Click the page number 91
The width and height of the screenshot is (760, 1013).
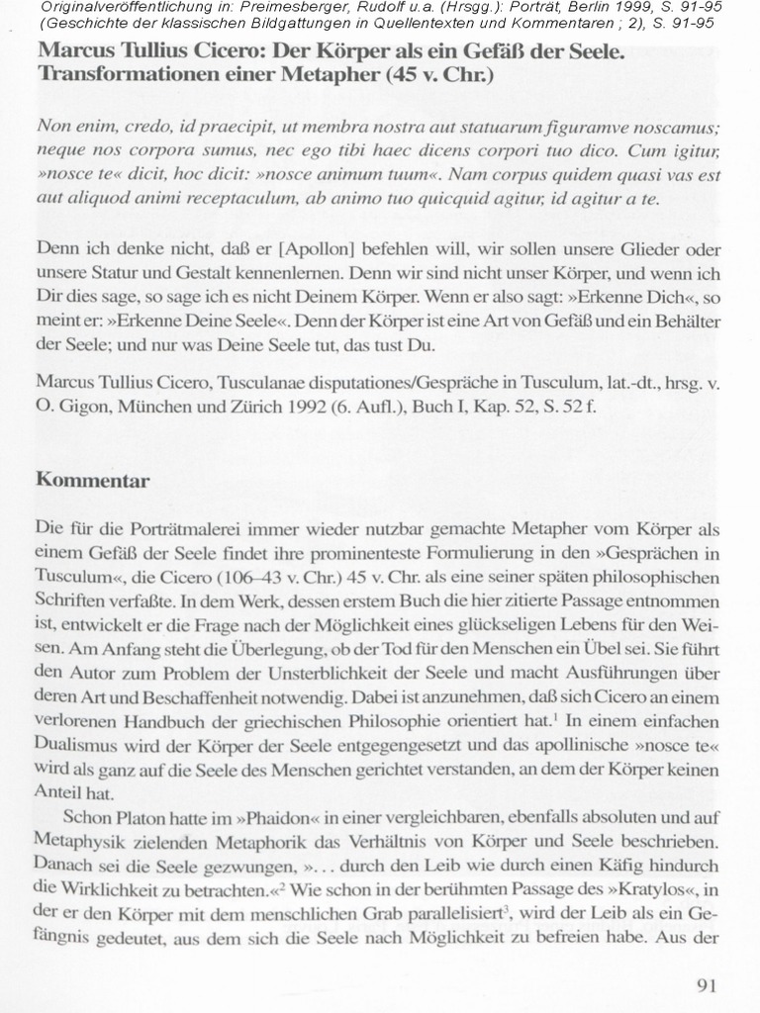point(706,985)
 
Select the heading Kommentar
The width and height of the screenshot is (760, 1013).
point(93,481)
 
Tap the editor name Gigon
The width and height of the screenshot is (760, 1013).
point(83,406)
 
